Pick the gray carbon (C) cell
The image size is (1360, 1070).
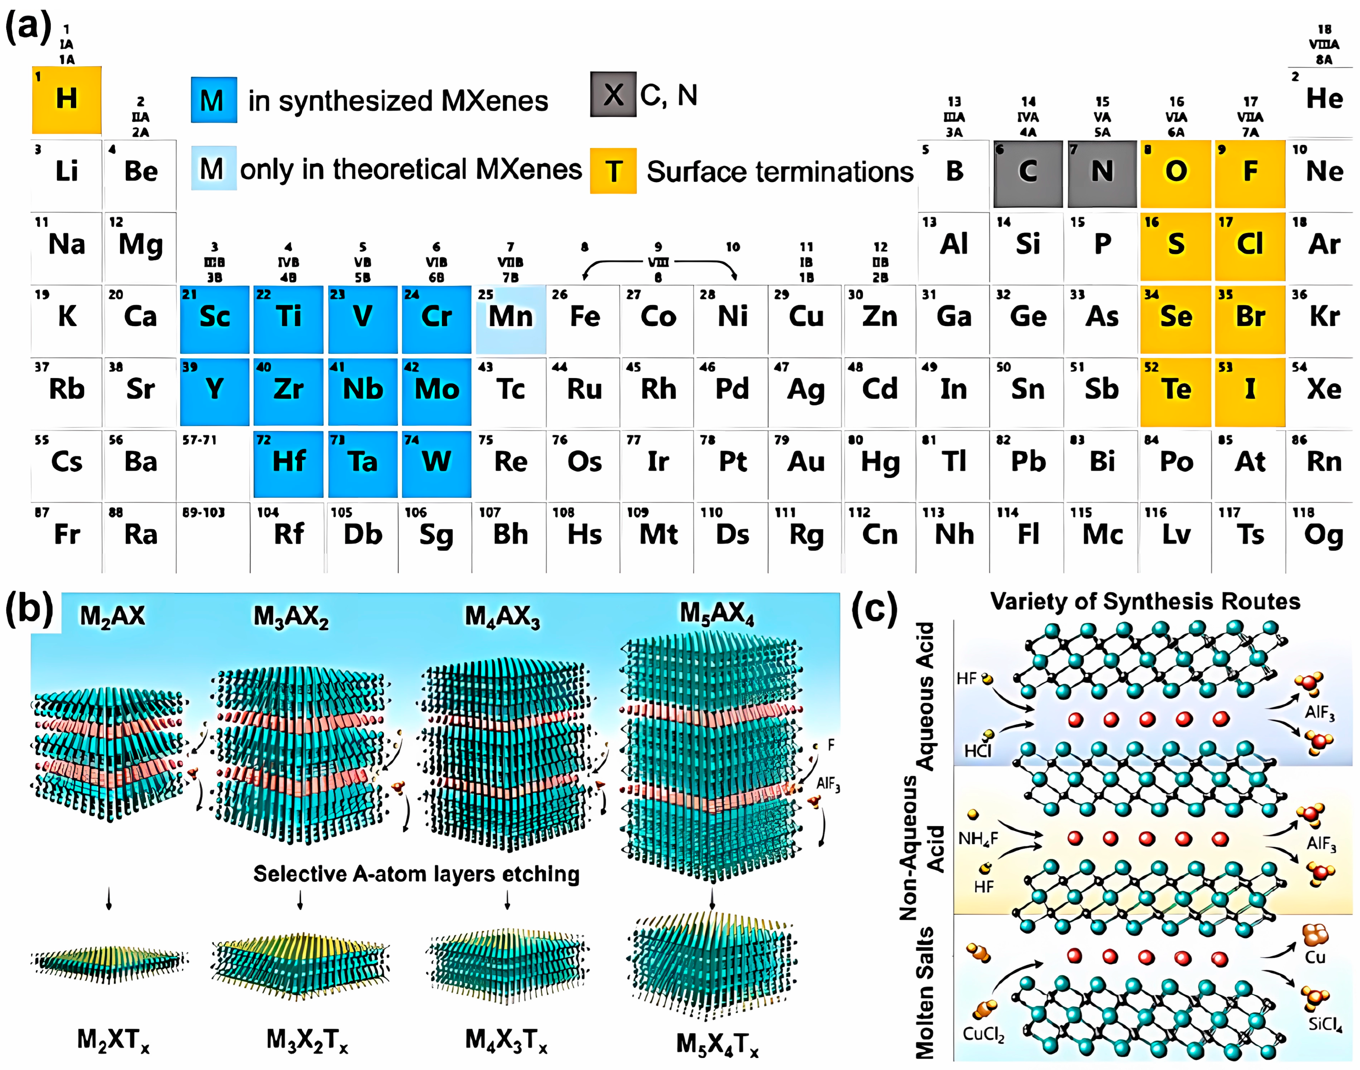1027,173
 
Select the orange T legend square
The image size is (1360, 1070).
613,171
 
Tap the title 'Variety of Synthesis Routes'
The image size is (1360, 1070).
1144,601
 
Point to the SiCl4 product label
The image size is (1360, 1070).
1324,1025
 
